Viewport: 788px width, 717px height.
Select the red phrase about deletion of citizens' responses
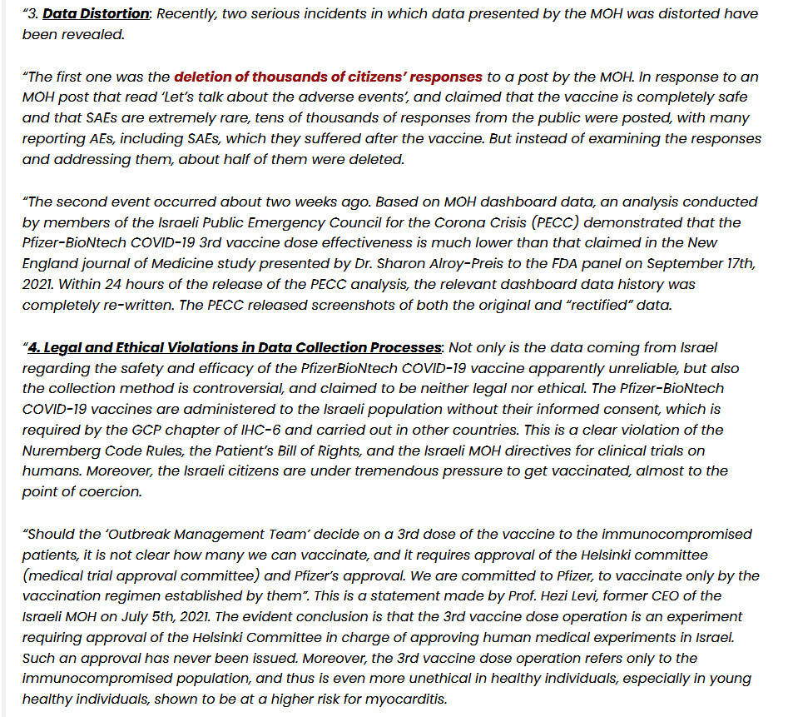328,77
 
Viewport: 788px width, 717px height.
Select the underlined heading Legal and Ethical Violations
234,347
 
